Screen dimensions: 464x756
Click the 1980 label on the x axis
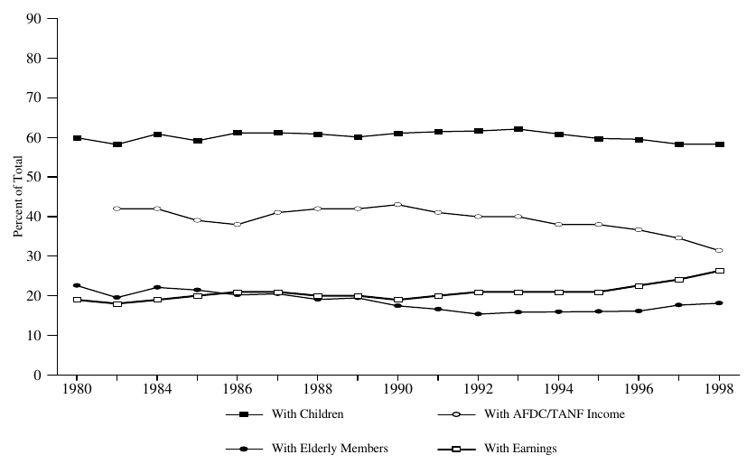click(x=77, y=392)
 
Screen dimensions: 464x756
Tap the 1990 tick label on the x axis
click(x=398, y=392)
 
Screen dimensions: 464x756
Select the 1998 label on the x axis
click(x=720, y=392)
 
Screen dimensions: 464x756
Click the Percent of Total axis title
click(x=17, y=196)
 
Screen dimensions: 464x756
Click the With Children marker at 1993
click(x=518, y=129)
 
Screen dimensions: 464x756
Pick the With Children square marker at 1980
click(x=77, y=138)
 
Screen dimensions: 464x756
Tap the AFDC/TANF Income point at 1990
click(x=398, y=205)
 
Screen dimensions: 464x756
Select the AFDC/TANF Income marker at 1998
click(x=720, y=250)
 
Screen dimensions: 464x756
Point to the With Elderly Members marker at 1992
click(x=479, y=314)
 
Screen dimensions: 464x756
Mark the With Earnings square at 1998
click(x=720, y=271)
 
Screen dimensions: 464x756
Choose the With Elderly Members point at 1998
click(x=720, y=303)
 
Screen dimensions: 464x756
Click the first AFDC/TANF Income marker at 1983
click(x=117, y=209)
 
